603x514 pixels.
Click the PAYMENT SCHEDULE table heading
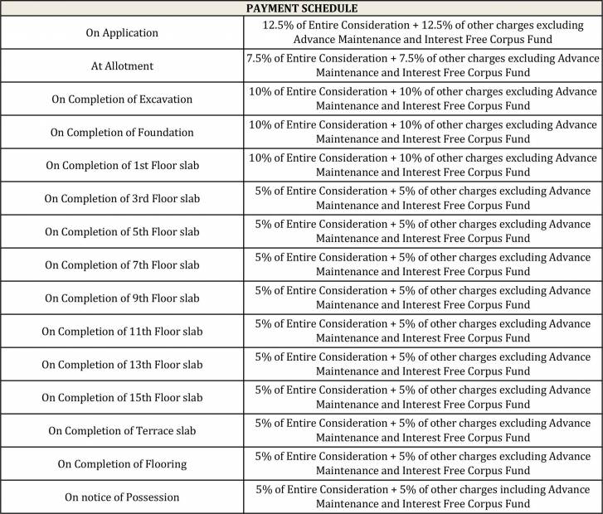tap(301, 7)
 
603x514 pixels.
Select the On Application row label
tap(122, 33)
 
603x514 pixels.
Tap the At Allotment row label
tap(122, 66)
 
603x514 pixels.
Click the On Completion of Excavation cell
tap(122, 99)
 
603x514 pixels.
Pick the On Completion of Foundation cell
tap(122, 133)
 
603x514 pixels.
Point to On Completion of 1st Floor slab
tap(122, 166)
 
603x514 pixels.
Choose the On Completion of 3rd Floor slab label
tap(122, 199)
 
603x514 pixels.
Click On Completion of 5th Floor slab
tap(122, 232)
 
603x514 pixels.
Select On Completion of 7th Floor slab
tap(122, 265)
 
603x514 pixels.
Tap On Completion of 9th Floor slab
tap(122, 298)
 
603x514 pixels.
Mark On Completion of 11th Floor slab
tap(122, 332)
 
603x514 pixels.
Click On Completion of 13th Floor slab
tap(122, 365)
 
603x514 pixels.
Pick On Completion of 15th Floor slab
tap(122, 398)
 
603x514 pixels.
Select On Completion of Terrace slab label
tap(122, 431)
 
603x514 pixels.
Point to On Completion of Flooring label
tap(122, 464)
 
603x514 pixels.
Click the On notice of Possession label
tap(122, 497)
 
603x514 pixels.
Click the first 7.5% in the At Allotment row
tap(260, 59)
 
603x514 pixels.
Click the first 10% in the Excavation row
tap(260, 92)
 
